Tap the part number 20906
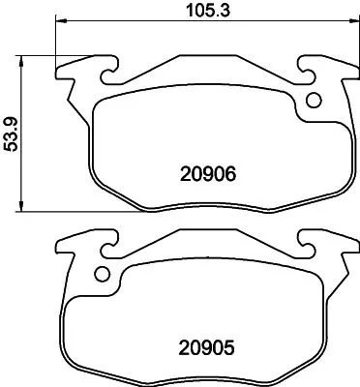click(x=208, y=175)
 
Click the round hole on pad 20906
click(x=314, y=100)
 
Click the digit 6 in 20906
click(x=231, y=175)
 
